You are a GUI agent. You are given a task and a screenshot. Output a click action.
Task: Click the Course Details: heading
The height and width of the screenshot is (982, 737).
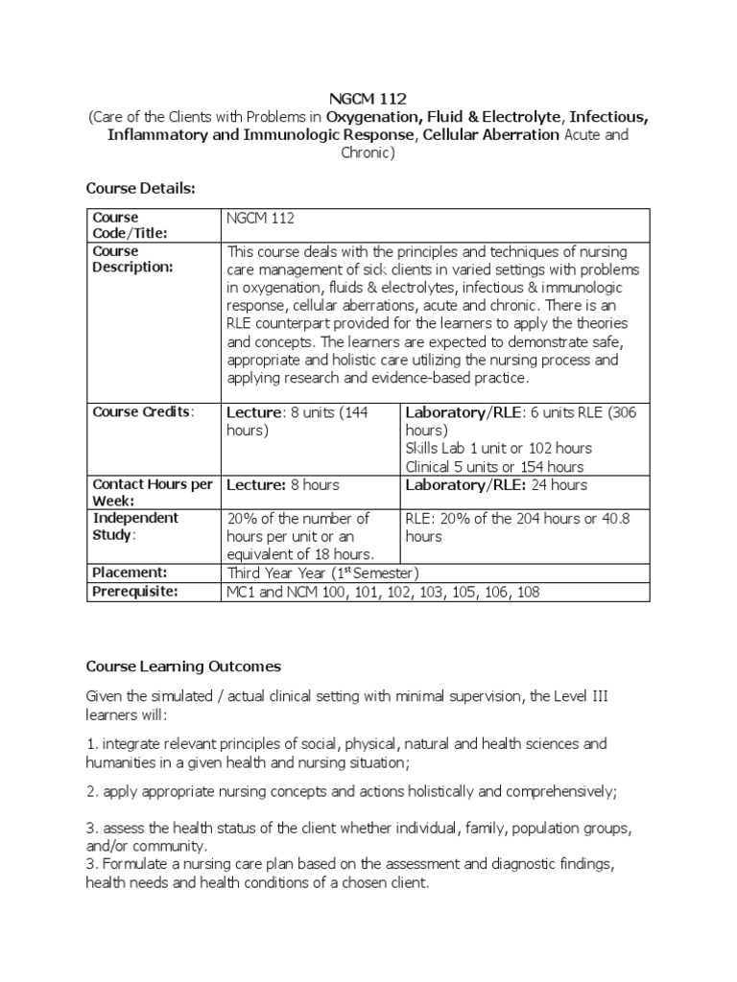pyautogui.click(x=140, y=188)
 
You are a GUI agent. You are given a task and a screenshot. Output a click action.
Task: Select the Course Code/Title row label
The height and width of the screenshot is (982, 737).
pyautogui.click(x=129, y=225)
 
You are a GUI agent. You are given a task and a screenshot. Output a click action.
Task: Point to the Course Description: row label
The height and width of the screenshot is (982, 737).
pyautogui.click(x=132, y=259)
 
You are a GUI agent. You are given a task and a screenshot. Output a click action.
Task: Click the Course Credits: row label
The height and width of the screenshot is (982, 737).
pyautogui.click(x=142, y=411)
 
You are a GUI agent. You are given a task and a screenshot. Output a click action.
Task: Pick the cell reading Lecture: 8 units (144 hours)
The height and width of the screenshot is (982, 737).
pyautogui.click(x=297, y=421)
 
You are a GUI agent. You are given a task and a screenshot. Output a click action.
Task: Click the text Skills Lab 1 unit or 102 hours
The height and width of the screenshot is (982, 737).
pyautogui.click(x=499, y=448)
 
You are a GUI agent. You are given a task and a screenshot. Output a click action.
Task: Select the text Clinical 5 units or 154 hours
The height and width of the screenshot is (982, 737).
pyautogui.click(x=494, y=466)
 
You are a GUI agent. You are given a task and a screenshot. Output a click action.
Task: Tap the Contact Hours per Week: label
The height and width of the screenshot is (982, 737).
pyautogui.click(x=152, y=493)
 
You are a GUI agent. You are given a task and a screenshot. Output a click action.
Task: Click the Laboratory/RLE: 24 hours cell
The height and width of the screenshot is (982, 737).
pyautogui.click(x=496, y=485)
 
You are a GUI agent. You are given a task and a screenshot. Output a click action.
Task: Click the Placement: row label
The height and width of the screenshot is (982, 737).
pyautogui.click(x=130, y=573)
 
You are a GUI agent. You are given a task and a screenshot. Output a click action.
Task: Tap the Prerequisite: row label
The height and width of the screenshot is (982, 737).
pyautogui.click(x=135, y=592)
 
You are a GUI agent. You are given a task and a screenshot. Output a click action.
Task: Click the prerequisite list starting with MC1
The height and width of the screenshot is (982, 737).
pyautogui.click(x=383, y=592)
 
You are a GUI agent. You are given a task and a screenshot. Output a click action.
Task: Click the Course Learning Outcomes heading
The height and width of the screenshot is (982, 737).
pyautogui.click(x=183, y=666)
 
